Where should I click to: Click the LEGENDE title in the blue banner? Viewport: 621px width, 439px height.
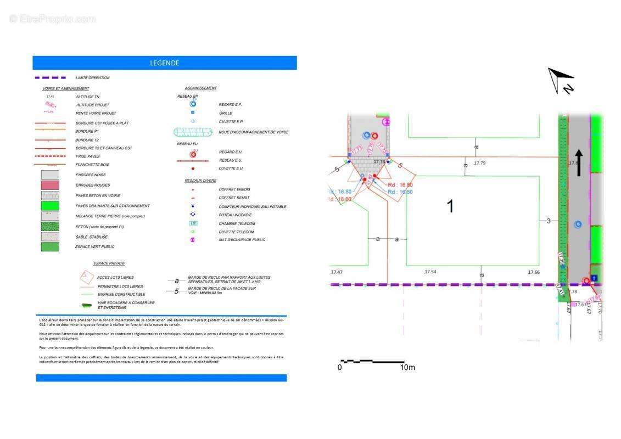coord(165,63)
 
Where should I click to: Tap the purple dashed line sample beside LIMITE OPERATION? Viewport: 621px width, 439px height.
coord(50,78)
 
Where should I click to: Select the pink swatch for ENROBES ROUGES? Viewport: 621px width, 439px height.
coord(50,185)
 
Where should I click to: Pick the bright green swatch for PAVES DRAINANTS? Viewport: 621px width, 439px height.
coord(50,206)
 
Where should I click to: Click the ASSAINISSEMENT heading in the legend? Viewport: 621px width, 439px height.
coord(201,88)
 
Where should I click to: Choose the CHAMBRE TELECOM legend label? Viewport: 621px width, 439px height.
coord(237,223)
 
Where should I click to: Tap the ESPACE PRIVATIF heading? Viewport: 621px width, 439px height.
coord(110,263)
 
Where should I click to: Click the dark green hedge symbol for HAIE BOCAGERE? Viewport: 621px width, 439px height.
coord(88,305)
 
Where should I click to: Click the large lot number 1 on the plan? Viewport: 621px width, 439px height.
coord(450,207)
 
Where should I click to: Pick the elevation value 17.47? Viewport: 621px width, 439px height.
coord(336,272)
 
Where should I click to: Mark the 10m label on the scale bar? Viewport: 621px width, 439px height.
coord(407,367)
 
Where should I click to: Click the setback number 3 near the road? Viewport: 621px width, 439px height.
coord(548,221)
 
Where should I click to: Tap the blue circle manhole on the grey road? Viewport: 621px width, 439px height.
coord(578,224)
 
